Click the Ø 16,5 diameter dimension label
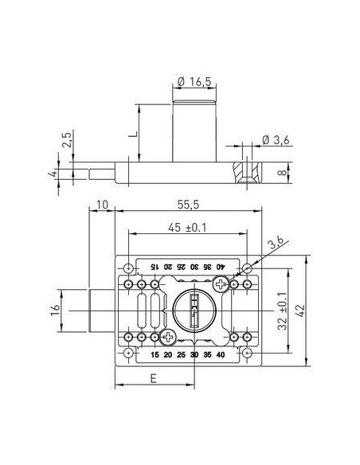(194, 82)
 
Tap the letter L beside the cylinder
(134, 134)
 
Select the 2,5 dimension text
(67, 139)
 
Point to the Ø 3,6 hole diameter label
(276, 139)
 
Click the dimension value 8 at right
(284, 173)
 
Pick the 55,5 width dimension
(188, 205)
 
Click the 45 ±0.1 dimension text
(187, 228)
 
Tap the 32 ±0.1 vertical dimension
(282, 311)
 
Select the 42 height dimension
(300, 311)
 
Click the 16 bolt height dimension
(56, 311)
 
